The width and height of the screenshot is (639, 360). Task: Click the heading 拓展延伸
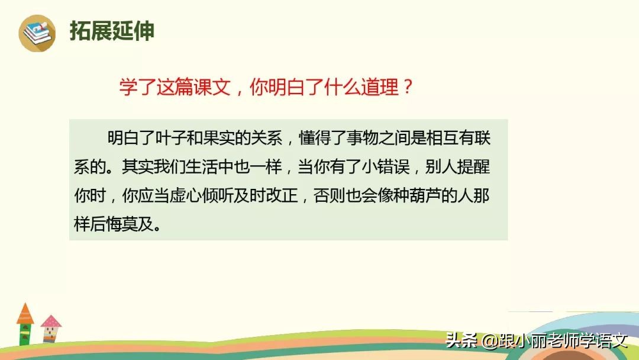click(x=112, y=31)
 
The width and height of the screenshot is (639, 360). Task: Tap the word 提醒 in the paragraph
click(x=475, y=168)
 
